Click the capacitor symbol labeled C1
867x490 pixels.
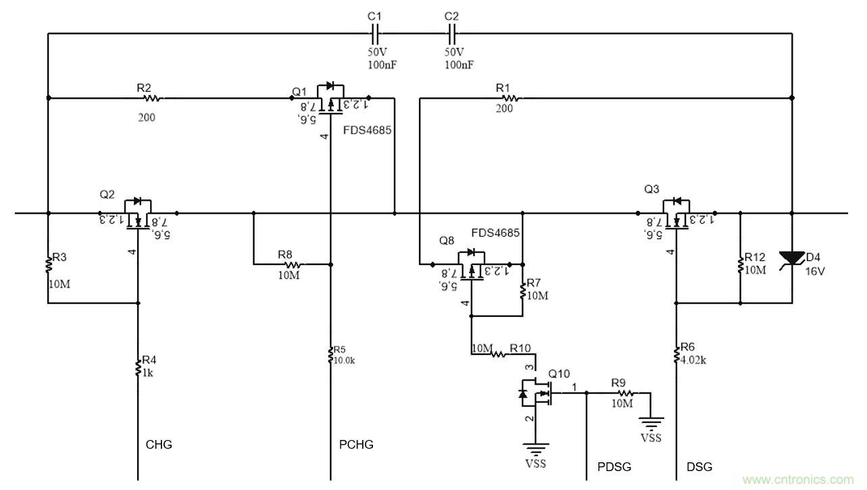point(375,32)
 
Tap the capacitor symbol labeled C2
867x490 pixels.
point(452,32)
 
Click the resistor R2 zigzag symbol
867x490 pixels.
point(151,98)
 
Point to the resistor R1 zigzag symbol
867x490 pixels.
point(510,98)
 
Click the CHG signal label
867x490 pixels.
point(159,445)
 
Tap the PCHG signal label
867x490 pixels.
point(356,445)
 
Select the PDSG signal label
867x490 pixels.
point(615,466)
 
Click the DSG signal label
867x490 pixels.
point(699,466)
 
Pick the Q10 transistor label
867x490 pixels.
point(559,374)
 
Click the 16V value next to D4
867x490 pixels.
point(815,271)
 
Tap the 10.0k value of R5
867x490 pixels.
point(344,360)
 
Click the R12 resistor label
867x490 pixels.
point(755,258)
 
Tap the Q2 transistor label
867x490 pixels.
point(107,194)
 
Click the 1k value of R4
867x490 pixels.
point(147,372)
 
